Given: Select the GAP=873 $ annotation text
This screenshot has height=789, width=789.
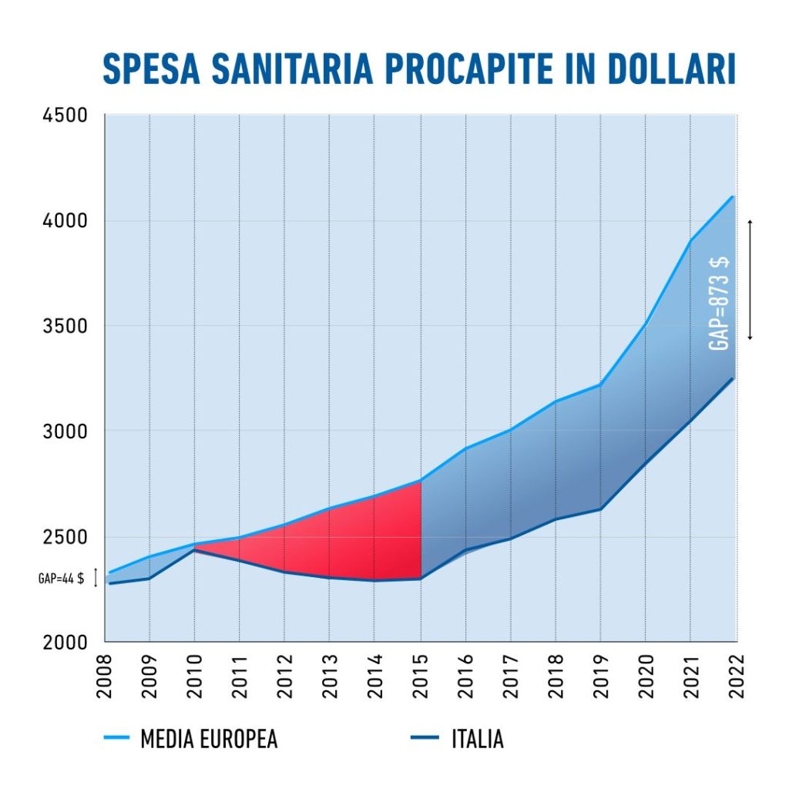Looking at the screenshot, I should [x=720, y=304].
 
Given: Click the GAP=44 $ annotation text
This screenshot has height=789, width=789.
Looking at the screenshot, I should [x=61, y=579].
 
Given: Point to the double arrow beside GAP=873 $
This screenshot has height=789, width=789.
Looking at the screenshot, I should [x=749, y=280].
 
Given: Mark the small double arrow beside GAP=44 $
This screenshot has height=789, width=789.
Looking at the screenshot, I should [x=96, y=578].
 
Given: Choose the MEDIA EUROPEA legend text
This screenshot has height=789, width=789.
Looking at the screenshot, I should [x=209, y=740].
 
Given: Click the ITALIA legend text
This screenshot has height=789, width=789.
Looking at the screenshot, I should [x=478, y=740].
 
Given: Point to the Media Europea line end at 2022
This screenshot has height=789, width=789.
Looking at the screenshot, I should [x=733, y=196].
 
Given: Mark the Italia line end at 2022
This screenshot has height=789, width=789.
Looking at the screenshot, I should [x=733, y=378].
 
